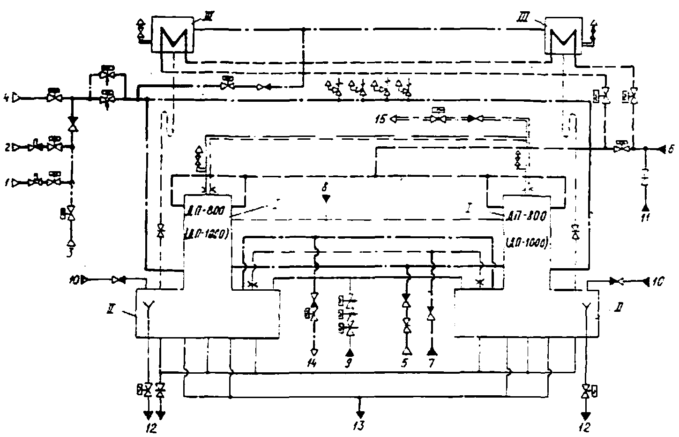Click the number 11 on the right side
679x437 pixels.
point(645,218)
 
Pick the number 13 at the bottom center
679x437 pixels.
point(360,426)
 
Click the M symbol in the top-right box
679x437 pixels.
point(562,38)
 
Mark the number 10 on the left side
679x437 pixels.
point(74,280)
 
